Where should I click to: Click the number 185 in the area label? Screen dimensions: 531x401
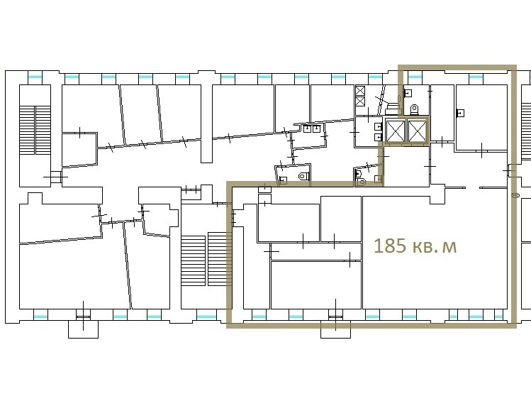390,246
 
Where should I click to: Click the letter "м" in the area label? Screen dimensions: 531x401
450,248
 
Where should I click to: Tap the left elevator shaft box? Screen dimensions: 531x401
396,131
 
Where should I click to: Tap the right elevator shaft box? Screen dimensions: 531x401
417,131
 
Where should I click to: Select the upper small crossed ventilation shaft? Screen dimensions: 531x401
360,91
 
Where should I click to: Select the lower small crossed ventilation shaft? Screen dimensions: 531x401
360,101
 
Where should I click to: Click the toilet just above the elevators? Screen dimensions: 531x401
415,109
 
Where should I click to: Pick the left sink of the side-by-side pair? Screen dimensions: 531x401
308,128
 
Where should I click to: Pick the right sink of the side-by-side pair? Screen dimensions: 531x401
317,128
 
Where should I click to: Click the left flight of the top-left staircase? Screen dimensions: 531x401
27,130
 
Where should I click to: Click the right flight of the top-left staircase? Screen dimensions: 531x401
43,130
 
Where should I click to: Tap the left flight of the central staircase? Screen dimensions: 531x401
193,260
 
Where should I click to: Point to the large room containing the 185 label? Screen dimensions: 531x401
435,253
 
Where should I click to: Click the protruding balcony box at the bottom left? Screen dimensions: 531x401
84,329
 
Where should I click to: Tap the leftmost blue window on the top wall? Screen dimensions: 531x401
35,77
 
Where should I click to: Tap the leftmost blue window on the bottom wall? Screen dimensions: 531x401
41,317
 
